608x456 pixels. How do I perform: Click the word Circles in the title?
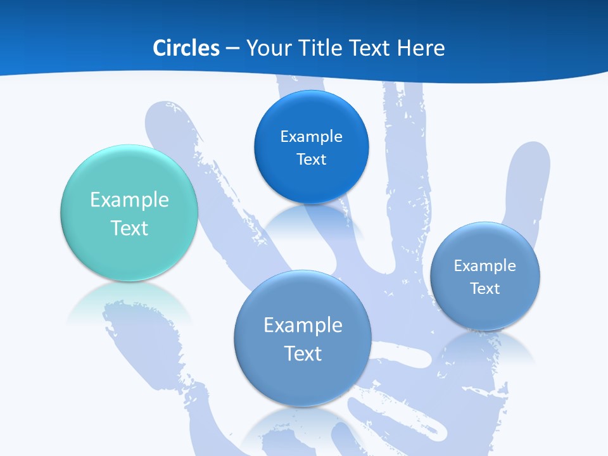tap(186, 48)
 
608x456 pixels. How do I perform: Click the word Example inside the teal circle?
tap(129, 200)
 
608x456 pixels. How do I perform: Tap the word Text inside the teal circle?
tap(129, 228)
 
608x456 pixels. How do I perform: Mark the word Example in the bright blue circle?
tap(311, 136)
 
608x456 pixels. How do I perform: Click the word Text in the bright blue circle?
tap(311, 159)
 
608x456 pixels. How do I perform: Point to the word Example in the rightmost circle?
tap(485, 265)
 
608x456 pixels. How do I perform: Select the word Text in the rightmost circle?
tap(485, 288)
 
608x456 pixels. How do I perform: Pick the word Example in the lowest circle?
tap(303, 326)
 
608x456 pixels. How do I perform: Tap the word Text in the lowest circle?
tap(303, 353)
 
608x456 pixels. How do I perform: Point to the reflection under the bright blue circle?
tap(310, 220)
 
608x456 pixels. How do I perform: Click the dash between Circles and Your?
tap(232, 49)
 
